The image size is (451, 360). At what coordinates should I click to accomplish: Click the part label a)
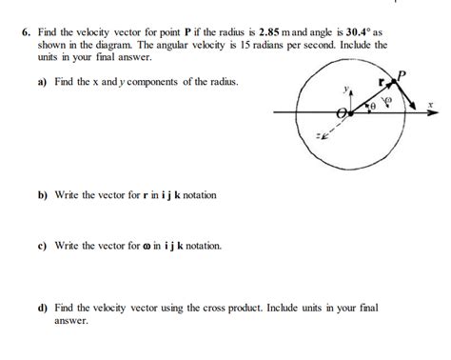[x=43, y=81]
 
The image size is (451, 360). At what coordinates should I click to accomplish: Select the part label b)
[x=43, y=195]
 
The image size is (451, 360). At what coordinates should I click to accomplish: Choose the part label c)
[x=43, y=245]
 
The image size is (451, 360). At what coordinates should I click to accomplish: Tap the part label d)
[x=43, y=309]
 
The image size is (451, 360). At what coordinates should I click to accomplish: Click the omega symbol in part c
[x=146, y=246]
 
